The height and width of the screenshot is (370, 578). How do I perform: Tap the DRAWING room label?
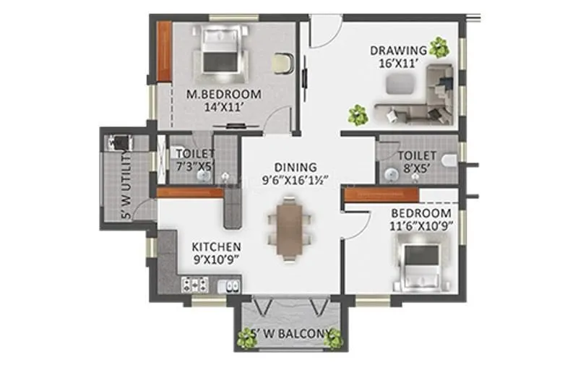point(398,50)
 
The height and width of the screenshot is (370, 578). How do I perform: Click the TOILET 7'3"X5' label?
point(194,154)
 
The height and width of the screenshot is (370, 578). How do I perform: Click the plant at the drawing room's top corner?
point(438,48)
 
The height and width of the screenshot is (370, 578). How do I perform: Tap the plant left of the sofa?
point(357,113)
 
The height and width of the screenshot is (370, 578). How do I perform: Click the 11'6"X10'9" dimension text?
point(421,227)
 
